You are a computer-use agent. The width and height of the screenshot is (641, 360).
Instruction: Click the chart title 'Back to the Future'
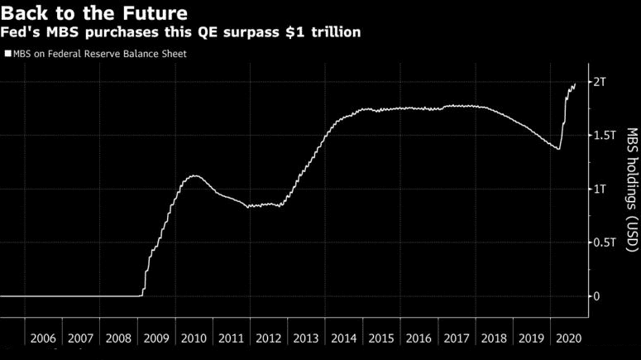coord(93,14)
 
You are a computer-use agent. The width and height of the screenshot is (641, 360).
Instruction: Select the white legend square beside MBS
coord(7,54)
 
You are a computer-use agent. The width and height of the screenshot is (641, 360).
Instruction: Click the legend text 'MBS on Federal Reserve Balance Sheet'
coord(98,54)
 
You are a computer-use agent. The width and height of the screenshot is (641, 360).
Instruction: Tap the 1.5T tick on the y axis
coord(605,136)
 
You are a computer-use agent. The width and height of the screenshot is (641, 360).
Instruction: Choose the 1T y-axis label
coord(600,190)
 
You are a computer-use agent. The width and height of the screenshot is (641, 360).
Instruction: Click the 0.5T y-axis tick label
coord(605,242)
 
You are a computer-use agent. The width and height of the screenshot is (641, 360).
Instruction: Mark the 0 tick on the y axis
coord(596,296)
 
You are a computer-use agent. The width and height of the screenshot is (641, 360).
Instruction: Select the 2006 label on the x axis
coord(43,338)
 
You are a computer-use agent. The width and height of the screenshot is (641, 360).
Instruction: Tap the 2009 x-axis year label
coord(155,338)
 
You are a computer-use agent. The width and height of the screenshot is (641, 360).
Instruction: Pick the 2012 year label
coord(268,338)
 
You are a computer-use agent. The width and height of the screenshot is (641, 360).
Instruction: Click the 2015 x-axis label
coord(380,338)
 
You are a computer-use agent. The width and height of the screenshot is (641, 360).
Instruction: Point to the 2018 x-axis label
coord(494,338)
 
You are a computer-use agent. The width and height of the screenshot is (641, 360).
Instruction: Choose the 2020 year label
coord(569,338)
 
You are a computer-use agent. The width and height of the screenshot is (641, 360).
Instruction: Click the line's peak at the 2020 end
coord(575,84)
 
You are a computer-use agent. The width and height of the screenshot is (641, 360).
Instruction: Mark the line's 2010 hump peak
coord(193,175)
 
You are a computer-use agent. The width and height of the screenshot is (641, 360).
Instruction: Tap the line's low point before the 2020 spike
coord(559,149)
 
